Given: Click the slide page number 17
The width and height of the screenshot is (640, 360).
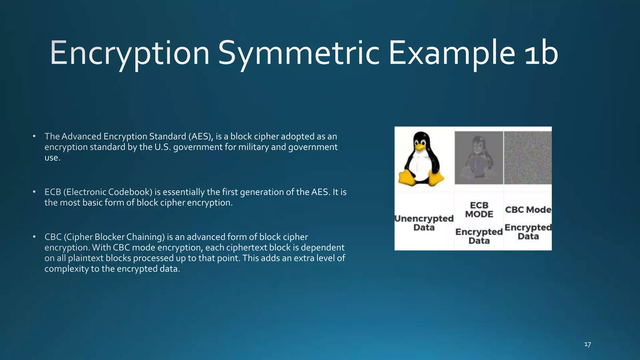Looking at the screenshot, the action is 587,344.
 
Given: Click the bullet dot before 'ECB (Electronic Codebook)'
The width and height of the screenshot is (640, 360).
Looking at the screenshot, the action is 34,192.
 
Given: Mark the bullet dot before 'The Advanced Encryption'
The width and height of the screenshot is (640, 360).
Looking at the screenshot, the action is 34,136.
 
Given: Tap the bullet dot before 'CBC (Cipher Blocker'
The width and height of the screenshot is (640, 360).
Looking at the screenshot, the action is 34,237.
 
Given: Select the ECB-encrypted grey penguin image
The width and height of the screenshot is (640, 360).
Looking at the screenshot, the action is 479,158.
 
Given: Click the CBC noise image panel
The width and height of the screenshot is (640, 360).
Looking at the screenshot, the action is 528,158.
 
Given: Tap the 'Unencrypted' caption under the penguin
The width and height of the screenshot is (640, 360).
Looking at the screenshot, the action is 424,218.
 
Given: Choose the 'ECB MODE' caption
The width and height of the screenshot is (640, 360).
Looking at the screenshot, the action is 479,210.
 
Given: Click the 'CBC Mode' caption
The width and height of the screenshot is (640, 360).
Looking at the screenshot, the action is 528,210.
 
